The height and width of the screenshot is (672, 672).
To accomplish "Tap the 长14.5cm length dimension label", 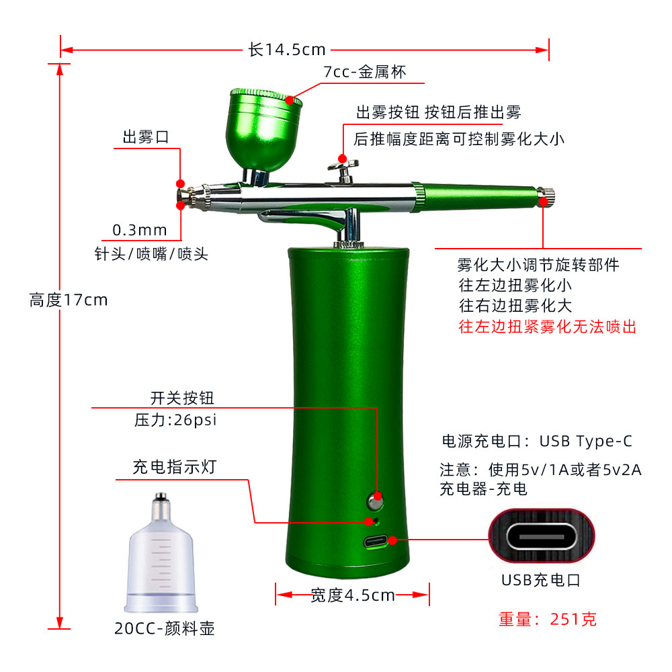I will (287, 50).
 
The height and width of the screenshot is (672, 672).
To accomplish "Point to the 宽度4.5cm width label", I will (352, 595).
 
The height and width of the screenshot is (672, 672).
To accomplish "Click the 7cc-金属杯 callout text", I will (365, 72).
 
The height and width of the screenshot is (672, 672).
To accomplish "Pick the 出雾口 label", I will (146, 138).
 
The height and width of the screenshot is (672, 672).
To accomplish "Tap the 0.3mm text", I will (140, 230).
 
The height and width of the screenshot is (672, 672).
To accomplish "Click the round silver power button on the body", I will (375, 500).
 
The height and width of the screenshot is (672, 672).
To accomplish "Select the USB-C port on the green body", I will (376, 542).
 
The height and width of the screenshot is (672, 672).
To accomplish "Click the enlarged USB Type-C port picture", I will (542, 536).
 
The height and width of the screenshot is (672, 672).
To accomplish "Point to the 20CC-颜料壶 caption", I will (165, 629).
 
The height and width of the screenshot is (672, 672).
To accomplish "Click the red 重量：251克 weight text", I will (547, 619).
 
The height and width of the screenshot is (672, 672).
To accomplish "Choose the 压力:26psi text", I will (176, 421).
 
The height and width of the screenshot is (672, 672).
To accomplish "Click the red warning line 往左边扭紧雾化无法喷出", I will (547, 327).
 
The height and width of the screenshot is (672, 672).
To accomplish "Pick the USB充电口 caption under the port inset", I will (541, 579).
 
